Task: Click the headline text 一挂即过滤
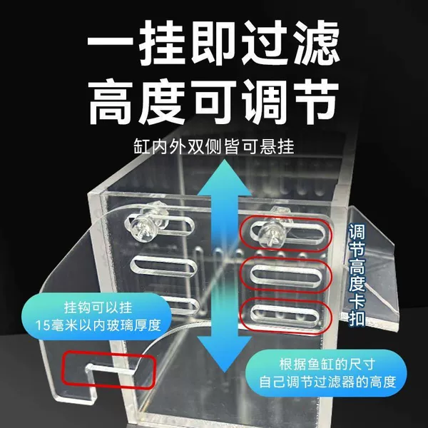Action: pyautogui.click(x=213, y=43)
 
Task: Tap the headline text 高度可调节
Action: pyautogui.click(x=213, y=101)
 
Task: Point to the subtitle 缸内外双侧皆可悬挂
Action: pyautogui.click(x=214, y=146)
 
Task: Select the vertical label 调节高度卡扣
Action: pyautogui.click(x=357, y=275)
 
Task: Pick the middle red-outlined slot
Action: pyautogui.click(x=286, y=275)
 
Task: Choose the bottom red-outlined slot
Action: pyautogui.click(x=286, y=315)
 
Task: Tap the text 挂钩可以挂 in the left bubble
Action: pyautogui.click(x=98, y=307)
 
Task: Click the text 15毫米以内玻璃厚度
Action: pyautogui.click(x=98, y=325)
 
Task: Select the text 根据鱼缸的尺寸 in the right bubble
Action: pyautogui.click(x=327, y=364)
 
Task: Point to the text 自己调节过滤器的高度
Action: pyautogui.click(x=327, y=382)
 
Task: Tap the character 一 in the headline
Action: pyautogui.click(x=110, y=43)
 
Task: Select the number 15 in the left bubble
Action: pyautogui.click(x=42, y=326)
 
